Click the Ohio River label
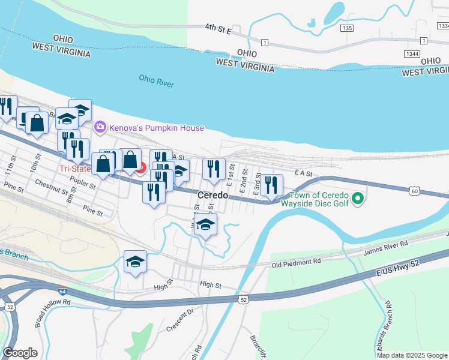[156, 81]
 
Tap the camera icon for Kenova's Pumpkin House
[100, 127]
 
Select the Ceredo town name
[213, 196]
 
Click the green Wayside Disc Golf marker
[358, 197]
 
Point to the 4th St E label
[218, 28]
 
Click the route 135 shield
[346, 28]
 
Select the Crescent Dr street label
[181, 320]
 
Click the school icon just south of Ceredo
[206, 226]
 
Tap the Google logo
[20, 353]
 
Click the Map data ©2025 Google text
[412, 355]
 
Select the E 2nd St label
[244, 178]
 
